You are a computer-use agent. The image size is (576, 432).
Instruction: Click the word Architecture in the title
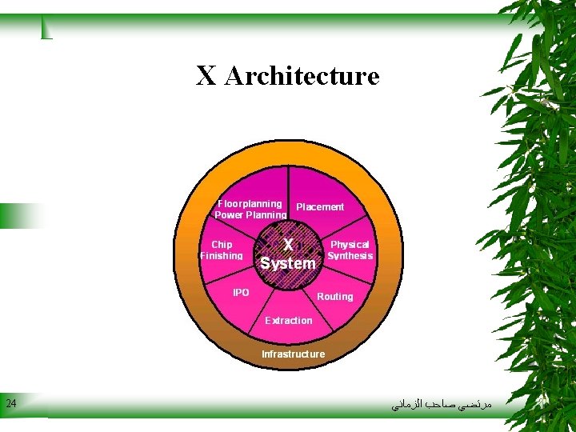coord(302,77)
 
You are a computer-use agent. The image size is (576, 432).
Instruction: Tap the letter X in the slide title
coord(206,77)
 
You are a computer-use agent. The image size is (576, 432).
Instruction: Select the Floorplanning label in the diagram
coord(250,204)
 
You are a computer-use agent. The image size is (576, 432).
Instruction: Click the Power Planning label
coord(250,215)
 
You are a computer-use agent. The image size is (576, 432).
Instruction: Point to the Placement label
coord(320,207)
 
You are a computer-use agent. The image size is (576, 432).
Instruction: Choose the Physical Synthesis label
coord(350,250)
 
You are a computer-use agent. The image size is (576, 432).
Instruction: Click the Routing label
coord(334,297)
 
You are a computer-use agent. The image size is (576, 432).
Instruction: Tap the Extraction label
coord(289,321)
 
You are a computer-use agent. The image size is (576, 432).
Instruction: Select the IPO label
coord(241,293)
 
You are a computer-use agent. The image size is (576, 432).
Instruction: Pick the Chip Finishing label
coord(222,250)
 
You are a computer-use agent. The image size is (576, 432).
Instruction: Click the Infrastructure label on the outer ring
coord(293,354)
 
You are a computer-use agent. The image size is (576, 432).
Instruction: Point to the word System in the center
coord(288,263)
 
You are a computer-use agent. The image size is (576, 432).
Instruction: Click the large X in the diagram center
coord(288,243)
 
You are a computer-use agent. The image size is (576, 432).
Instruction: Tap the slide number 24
coord(10,403)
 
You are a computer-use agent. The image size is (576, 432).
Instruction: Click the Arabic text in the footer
coord(442,405)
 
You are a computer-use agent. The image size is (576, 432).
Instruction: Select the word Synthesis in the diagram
coord(350,256)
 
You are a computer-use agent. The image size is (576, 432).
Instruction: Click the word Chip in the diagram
coord(222,245)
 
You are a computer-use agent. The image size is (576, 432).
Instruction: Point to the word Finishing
coord(222,256)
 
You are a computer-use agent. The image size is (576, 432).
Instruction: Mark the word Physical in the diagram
coord(350,245)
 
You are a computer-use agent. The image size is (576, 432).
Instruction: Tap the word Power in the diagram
coord(229,215)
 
